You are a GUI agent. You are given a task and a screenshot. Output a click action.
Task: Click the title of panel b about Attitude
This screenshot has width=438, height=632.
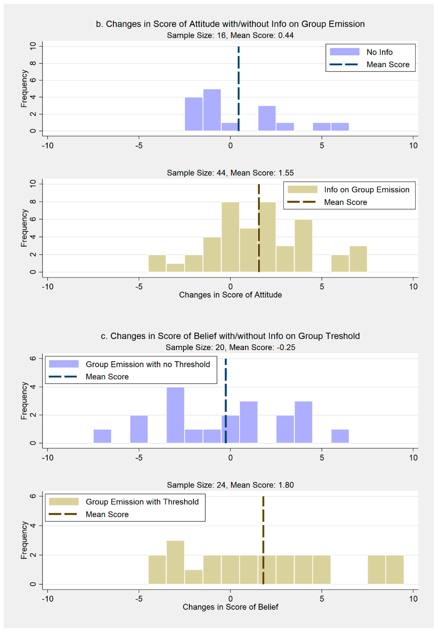point(230,24)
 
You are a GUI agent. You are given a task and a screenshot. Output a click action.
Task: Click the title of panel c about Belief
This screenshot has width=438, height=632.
point(230,336)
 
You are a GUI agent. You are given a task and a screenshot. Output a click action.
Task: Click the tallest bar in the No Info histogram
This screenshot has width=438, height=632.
point(212,110)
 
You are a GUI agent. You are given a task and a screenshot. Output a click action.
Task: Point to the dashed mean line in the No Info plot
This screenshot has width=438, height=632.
point(238,88)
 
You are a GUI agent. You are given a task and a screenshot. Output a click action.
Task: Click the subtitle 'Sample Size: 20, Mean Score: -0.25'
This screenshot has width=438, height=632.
point(230,347)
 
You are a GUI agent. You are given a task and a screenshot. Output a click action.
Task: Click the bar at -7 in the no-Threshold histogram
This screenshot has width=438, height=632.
point(102,436)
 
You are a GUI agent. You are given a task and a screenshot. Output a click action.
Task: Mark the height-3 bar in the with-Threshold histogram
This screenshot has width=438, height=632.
point(175,562)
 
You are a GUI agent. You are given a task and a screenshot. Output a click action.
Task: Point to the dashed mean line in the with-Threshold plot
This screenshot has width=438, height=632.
point(263,535)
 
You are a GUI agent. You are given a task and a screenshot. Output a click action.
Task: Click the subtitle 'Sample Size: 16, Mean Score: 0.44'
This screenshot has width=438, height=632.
point(230,35)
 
